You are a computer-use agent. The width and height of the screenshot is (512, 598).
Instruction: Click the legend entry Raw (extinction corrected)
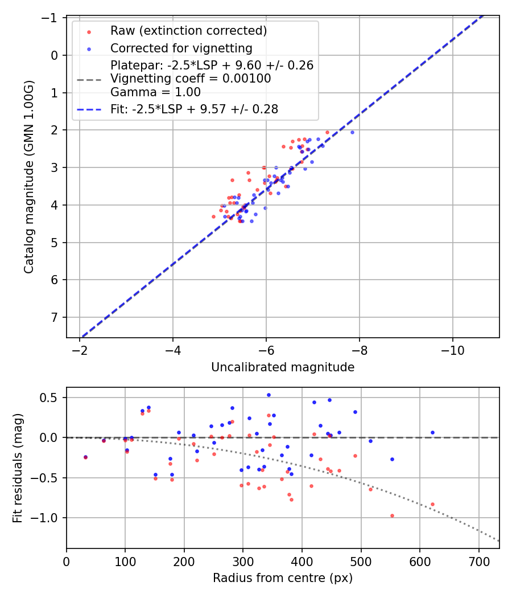[x=188, y=30]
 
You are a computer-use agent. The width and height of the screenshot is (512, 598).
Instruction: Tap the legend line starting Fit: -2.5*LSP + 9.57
[x=194, y=109]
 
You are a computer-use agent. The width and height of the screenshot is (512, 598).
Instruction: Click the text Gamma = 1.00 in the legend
[x=155, y=92]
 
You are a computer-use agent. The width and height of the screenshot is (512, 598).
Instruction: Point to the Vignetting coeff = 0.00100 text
[x=191, y=79]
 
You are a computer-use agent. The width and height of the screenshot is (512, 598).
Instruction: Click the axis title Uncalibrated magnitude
[x=283, y=367]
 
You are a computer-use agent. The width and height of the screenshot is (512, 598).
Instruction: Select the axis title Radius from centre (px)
[x=283, y=578]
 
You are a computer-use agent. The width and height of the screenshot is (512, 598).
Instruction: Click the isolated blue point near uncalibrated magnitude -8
[x=352, y=132]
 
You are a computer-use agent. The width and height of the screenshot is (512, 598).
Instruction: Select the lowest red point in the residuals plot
[x=392, y=515]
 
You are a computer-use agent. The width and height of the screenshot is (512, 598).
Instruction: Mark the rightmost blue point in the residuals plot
[x=432, y=432]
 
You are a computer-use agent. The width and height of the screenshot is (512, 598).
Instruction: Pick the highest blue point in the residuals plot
[x=269, y=395]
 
